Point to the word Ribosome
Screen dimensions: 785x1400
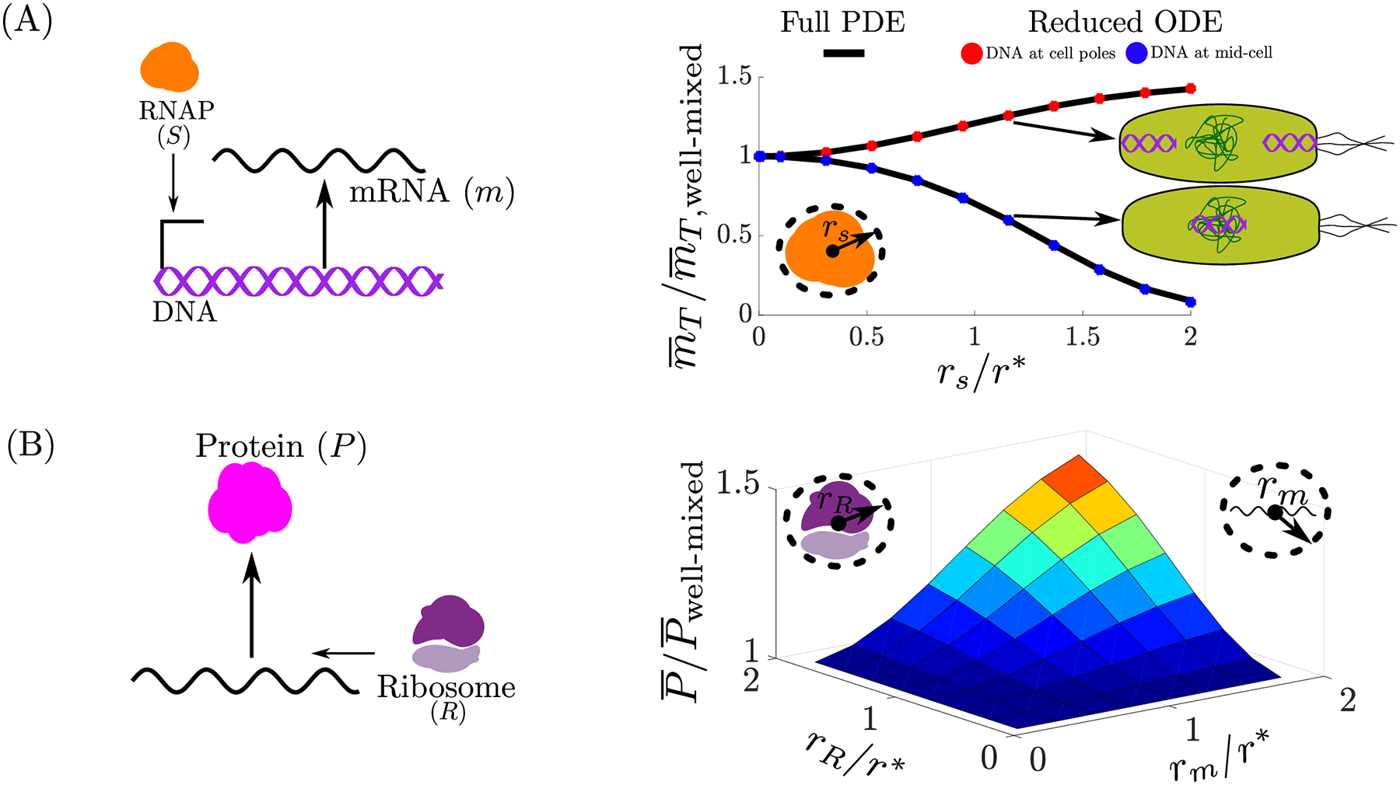coord(446,687)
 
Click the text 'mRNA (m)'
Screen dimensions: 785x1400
coord(432,190)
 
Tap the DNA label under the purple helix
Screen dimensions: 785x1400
coord(184,312)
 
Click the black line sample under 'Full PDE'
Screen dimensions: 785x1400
coord(843,53)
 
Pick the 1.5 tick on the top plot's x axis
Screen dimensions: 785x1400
coord(1083,337)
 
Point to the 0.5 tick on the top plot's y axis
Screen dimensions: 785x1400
coord(735,235)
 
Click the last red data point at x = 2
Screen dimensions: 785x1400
coord(1190,89)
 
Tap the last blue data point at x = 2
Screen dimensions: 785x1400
coord(1190,302)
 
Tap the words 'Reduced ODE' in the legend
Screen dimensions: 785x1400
coord(1125,23)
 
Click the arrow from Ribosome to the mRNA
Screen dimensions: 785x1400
coord(343,653)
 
